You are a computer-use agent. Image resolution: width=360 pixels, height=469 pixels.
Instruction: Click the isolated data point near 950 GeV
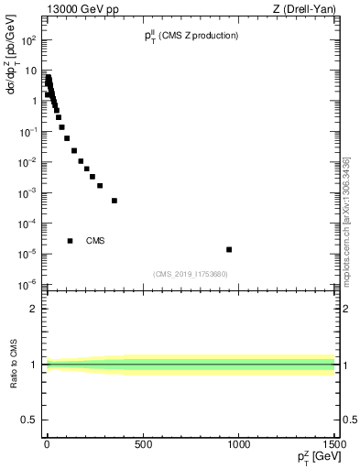229,249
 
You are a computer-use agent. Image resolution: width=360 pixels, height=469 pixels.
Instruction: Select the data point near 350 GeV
115,201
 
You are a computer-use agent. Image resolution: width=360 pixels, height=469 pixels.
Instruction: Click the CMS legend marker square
70,241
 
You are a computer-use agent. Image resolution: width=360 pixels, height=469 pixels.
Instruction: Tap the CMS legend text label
95,241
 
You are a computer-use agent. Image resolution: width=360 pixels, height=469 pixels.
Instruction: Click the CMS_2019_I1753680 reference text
190,274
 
